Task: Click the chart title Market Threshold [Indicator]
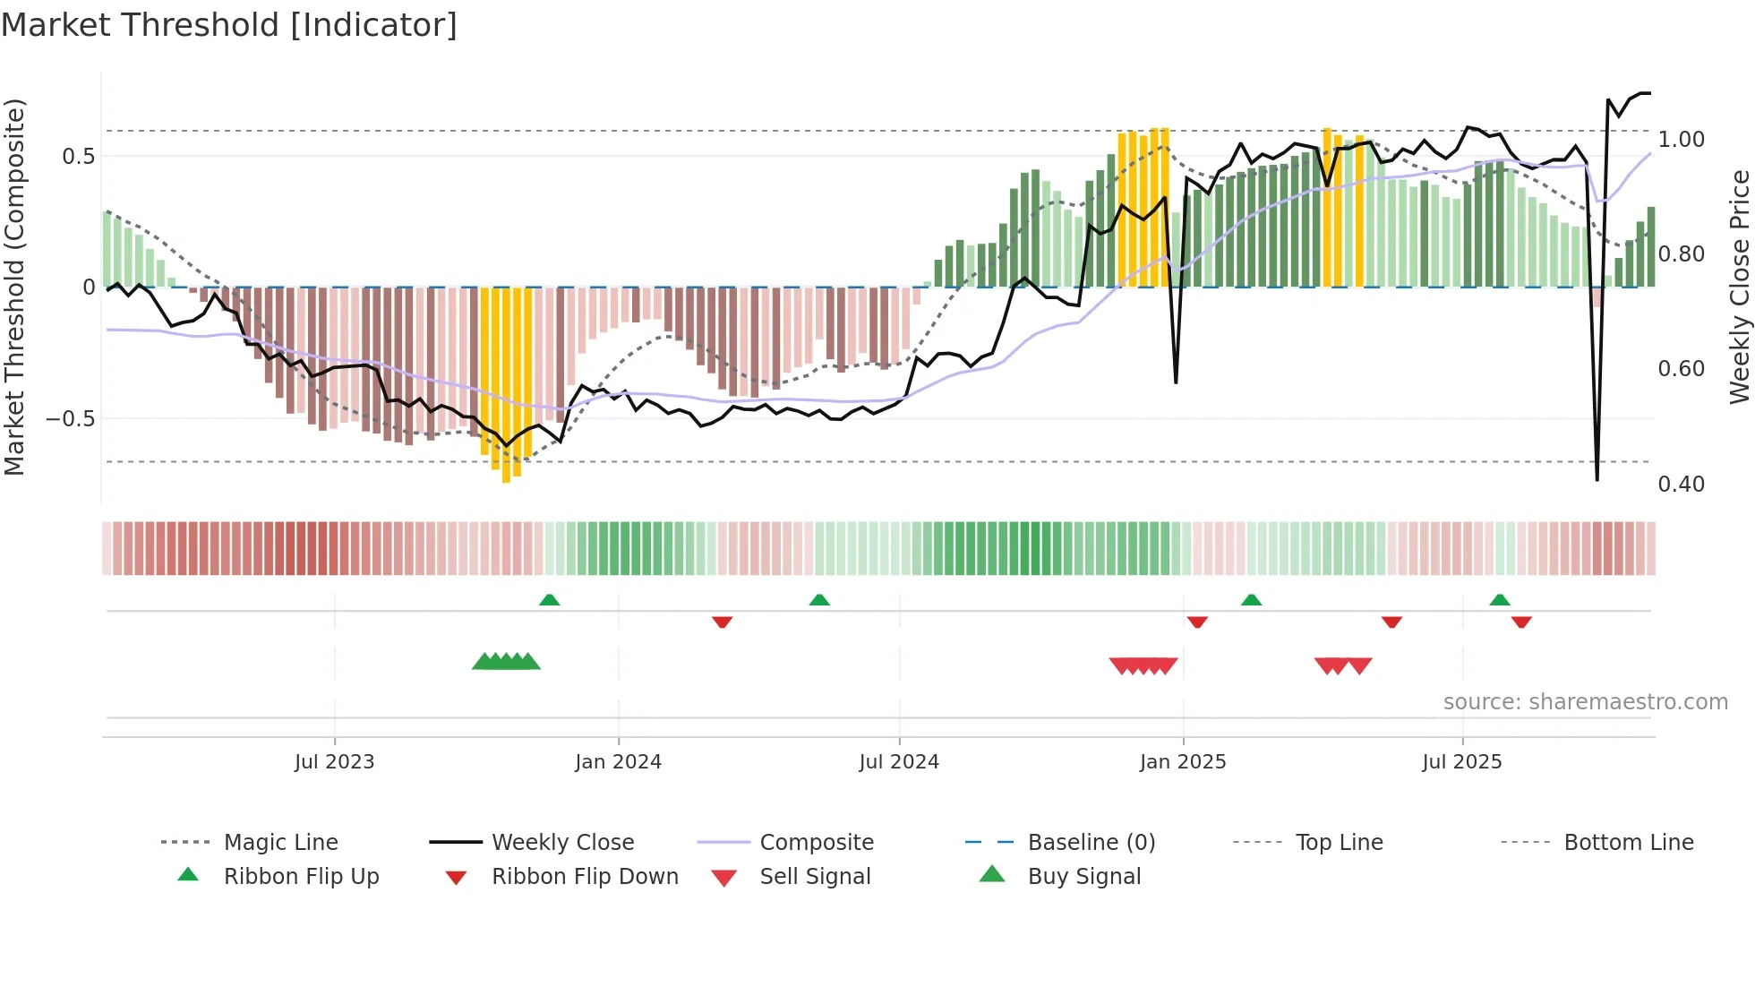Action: pyautogui.click(x=229, y=25)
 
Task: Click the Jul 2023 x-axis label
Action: pyautogui.click(x=334, y=762)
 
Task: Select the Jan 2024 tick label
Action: pyautogui.click(x=618, y=762)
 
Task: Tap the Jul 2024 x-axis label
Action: pyautogui.click(x=899, y=762)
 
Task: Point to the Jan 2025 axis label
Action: pyautogui.click(x=1183, y=762)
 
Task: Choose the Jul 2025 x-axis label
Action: pyautogui.click(x=1462, y=762)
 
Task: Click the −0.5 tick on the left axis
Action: pyautogui.click(x=70, y=419)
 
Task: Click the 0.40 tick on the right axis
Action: pyautogui.click(x=1681, y=485)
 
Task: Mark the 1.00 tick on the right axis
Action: pyautogui.click(x=1681, y=140)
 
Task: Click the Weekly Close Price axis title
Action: pyautogui.click(x=1739, y=287)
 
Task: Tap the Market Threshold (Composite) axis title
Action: pyautogui.click(x=14, y=287)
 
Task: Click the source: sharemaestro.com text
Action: pyautogui.click(x=1585, y=702)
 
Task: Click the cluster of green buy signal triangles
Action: pyautogui.click(x=506, y=662)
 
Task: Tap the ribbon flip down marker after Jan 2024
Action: pyautogui.click(x=722, y=622)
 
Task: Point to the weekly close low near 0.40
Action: pyautogui.click(x=1597, y=480)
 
